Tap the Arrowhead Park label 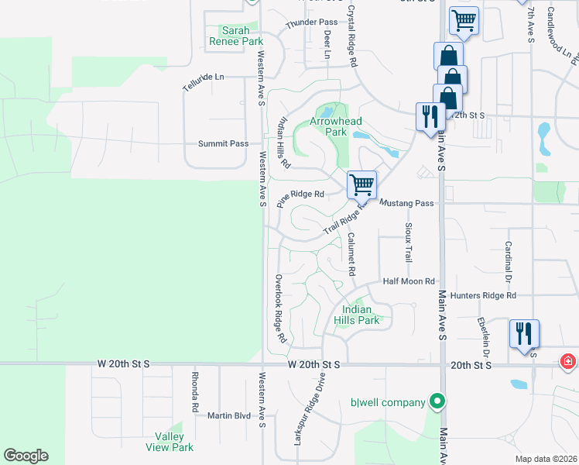tap(329, 126)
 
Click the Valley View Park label tap(170, 442)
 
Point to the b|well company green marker tap(437, 401)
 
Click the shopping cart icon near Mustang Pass tap(361, 185)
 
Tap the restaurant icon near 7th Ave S tap(524, 334)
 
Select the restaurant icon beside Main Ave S tap(430, 117)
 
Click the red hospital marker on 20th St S tap(567, 362)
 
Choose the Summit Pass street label tap(223, 143)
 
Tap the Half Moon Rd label tap(409, 281)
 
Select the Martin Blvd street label tap(229, 415)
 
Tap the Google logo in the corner tap(26, 456)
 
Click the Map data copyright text tap(546, 459)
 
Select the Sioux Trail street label tap(408, 243)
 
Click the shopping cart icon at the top tap(464, 21)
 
